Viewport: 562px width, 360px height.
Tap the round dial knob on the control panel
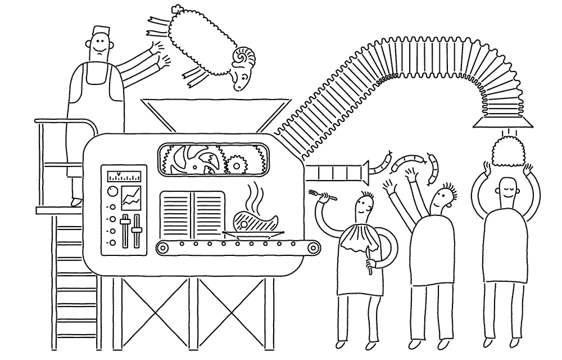(112, 191)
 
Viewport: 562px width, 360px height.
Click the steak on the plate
(256, 222)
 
